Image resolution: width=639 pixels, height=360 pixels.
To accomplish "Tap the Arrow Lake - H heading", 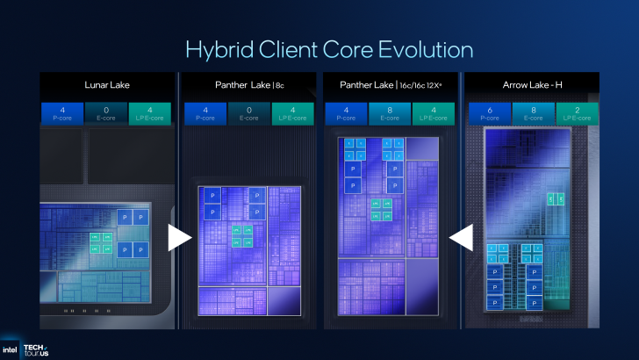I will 532,85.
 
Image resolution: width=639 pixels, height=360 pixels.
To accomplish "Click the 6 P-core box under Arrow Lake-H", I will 489,113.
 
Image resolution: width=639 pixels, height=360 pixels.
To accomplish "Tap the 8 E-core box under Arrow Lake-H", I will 533,113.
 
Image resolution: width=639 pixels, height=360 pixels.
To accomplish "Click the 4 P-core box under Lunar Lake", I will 61,113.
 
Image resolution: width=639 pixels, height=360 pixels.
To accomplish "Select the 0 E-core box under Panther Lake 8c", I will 248,113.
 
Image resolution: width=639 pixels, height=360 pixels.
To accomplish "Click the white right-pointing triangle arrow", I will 179,237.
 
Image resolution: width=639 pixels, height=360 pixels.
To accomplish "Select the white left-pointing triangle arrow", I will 462,237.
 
